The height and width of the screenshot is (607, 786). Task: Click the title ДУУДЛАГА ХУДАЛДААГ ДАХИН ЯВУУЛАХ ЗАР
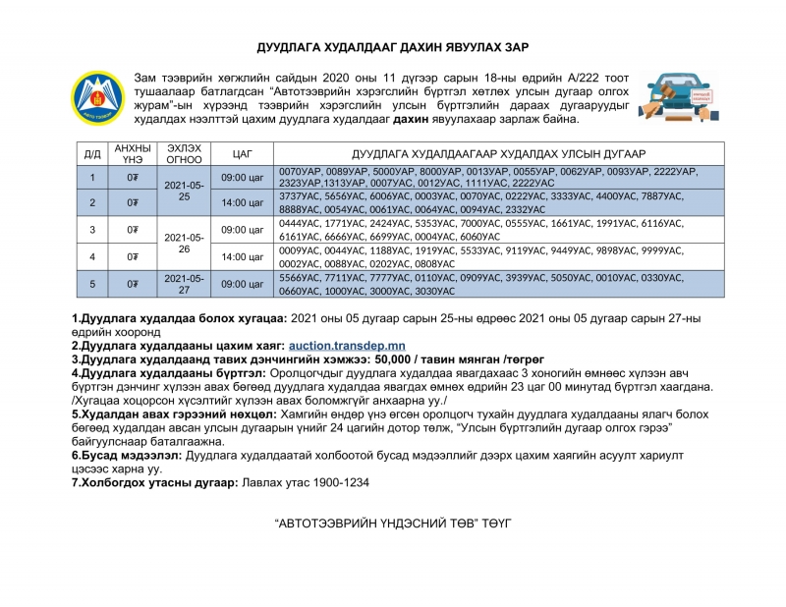point(393,47)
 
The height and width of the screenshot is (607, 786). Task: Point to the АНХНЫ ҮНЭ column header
point(133,154)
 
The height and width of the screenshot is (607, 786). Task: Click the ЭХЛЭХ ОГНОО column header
point(185,154)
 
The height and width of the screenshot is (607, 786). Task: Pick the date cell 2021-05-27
point(185,284)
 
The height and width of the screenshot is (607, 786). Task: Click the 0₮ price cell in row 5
point(133,284)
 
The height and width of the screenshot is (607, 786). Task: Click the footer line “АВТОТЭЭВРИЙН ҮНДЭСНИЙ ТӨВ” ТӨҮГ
point(393,519)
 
